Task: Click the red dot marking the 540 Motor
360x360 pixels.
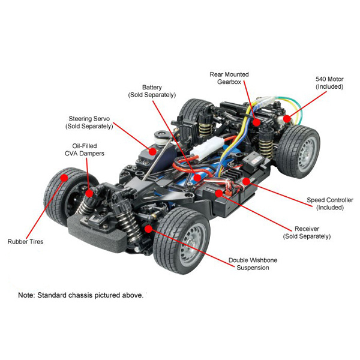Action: tap(287, 119)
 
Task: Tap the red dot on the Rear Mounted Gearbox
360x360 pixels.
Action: tap(256, 122)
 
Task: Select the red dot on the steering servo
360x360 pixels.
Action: tap(152, 152)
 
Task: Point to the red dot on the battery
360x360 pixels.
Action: tap(197, 178)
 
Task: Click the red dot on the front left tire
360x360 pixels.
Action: tap(64, 178)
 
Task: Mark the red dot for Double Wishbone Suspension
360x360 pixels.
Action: tap(149, 229)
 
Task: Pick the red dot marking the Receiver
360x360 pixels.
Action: tap(219, 193)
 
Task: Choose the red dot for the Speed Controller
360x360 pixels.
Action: tap(246, 181)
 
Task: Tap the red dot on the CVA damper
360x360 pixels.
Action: tap(89, 193)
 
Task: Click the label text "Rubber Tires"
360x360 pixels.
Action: tap(25, 242)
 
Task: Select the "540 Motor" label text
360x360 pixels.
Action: tap(329, 79)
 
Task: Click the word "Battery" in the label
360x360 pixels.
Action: tap(152, 87)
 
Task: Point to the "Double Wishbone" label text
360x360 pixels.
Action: tap(253, 260)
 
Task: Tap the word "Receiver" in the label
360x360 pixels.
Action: tap(307, 229)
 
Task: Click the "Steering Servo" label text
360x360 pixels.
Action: tap(89, 119)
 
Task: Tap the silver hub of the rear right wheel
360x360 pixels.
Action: tap(308, 152)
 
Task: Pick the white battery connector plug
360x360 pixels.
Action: tap(206, 146)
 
